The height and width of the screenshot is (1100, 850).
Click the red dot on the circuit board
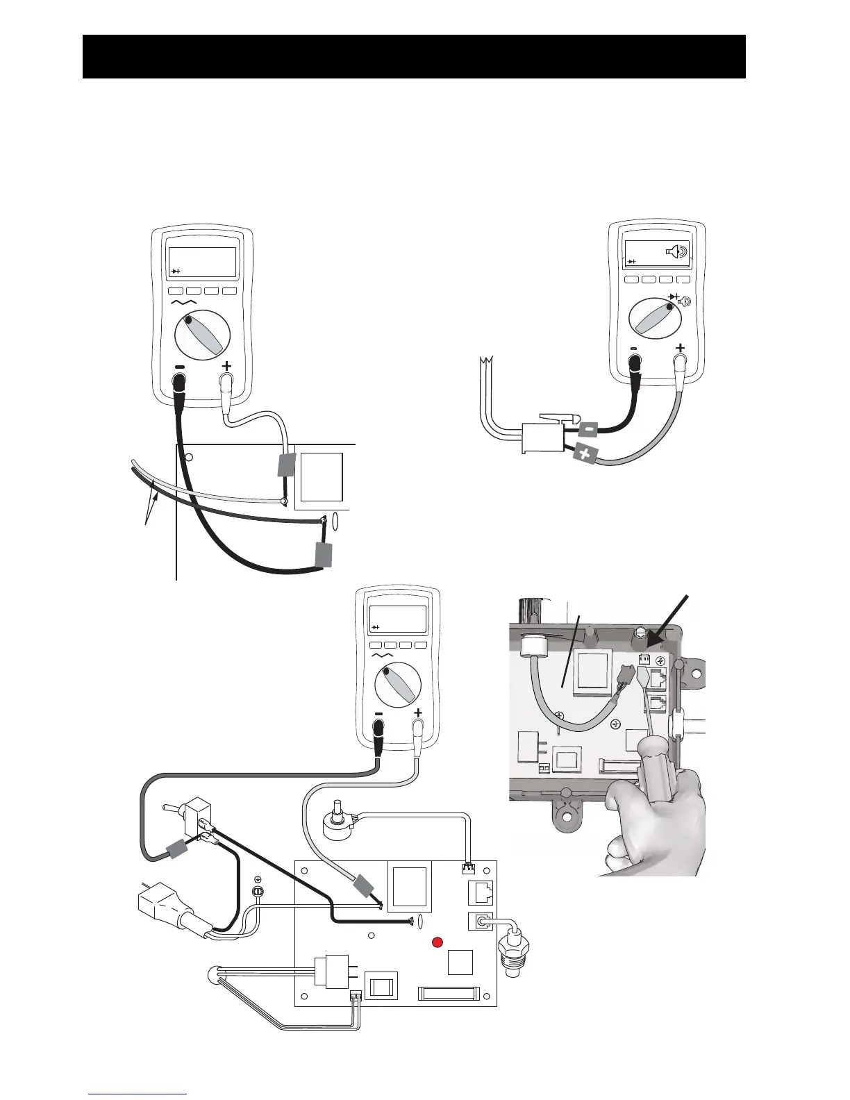click(437, 942)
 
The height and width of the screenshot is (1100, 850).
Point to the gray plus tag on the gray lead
click(585, 455)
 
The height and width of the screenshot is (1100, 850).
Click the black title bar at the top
click(414, 56)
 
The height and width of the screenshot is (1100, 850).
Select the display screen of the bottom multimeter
click(397, 618)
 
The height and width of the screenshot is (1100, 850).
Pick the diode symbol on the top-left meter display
click(176, 271)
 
